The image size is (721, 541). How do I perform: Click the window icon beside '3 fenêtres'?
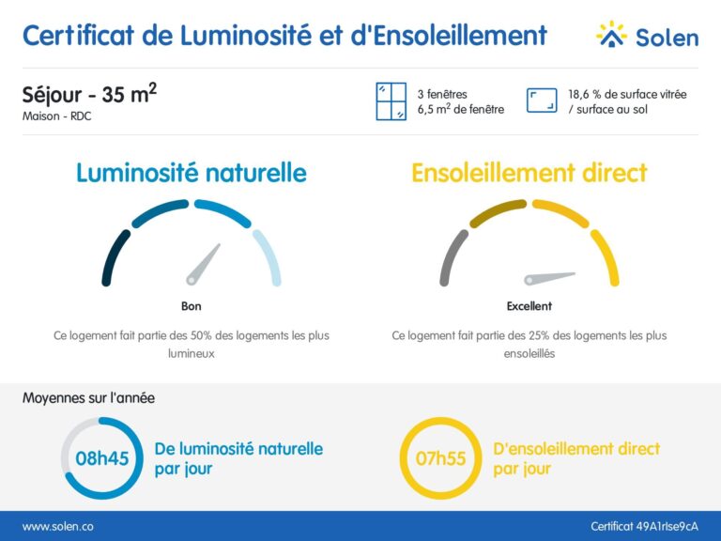[x=391, y=101]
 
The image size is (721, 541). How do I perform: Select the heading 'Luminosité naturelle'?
[x=191, y=173]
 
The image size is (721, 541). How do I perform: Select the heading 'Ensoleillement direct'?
[x=529, y=173]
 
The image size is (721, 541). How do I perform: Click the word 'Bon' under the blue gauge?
[x=191, y=306]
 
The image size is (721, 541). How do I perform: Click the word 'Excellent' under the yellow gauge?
[x=529, y=306]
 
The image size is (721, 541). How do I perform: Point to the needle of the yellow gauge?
[x=550, y=277]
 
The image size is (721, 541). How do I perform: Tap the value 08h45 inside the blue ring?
[x=100, y=459]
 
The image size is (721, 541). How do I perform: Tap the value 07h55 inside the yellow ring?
[x=440, y=459]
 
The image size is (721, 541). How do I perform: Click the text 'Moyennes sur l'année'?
[x=88, y=397]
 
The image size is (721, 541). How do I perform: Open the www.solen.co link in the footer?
[x=57, y=527]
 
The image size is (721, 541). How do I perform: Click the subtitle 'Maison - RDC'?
[x=57, y=117]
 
